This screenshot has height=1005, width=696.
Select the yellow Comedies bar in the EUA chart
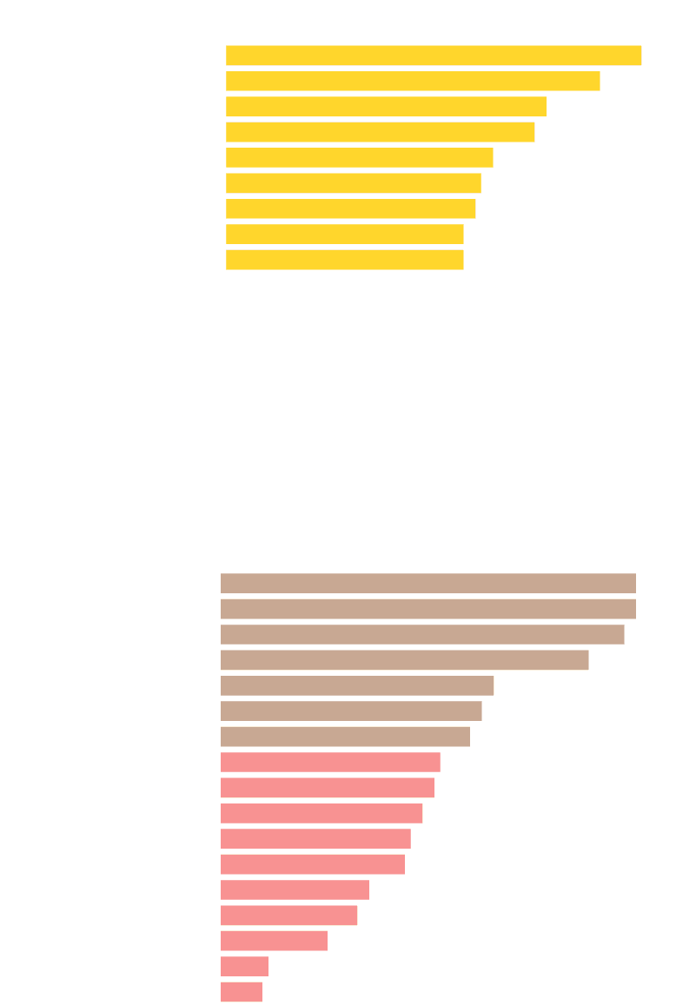coord(433,56)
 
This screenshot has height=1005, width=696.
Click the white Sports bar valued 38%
coord(338,285)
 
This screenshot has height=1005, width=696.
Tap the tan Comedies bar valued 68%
coord(422,634)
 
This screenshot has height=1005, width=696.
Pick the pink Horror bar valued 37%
coord(330,762)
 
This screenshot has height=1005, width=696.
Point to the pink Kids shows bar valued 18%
coord(274,941)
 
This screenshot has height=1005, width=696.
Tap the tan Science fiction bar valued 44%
coord(351,711)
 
